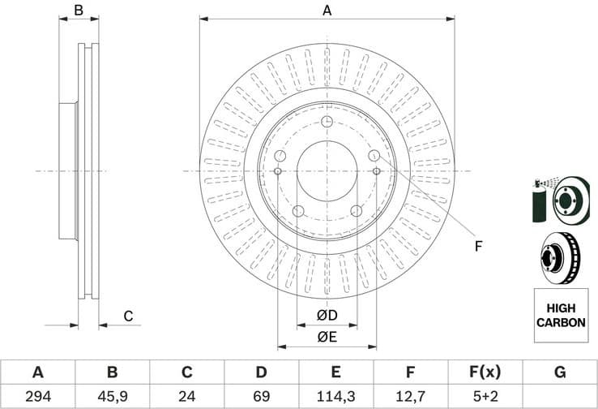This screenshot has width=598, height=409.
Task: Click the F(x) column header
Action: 485,372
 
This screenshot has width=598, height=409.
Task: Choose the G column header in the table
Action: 560,372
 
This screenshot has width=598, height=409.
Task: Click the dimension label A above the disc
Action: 327,11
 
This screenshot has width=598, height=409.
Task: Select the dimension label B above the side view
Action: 79,11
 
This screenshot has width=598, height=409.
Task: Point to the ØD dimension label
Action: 327,315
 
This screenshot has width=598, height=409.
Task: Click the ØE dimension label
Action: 327,337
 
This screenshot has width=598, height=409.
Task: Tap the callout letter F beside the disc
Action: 478,246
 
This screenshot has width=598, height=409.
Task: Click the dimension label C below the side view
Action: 127,316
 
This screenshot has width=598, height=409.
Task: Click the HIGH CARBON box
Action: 560,316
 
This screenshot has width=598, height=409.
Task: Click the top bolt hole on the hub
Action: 327,122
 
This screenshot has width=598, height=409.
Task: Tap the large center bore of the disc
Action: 327,171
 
